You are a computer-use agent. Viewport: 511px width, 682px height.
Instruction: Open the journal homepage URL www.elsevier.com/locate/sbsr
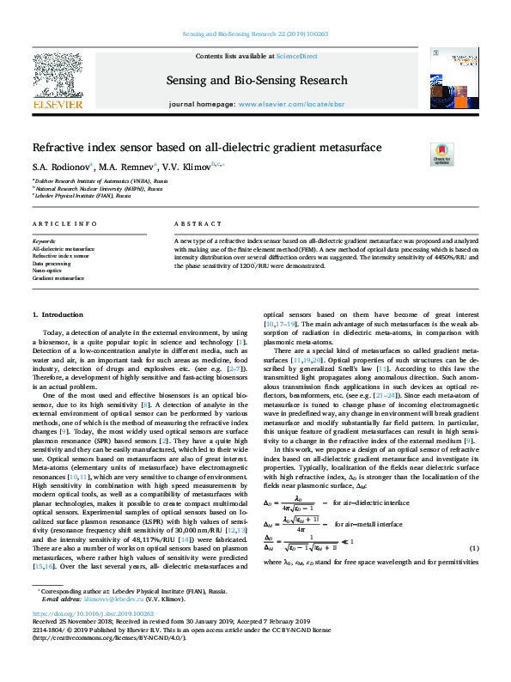[290, 103]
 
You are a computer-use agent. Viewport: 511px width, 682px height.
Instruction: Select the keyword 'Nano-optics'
[49, 271]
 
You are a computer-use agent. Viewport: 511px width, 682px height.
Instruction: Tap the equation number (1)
[473, 548]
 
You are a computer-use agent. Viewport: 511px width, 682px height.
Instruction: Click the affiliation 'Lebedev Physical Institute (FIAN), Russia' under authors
[82, 196]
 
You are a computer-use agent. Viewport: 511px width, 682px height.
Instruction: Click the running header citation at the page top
[255, 35]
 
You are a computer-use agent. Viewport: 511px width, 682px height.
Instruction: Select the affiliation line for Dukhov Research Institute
[87, 182]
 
